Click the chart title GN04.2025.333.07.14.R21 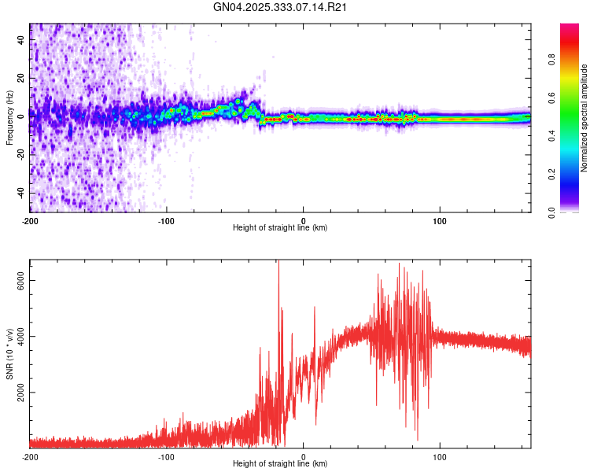point(281,7)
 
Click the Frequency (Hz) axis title point(9,118)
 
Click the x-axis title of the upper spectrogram point(280,228)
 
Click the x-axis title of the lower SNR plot point(280,464)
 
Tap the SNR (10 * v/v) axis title point(9,354)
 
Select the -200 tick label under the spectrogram point(30,219)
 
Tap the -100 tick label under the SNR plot point(167,456)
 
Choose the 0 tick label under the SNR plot point(304,456)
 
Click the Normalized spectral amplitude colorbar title point(584,118)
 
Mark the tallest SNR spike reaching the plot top point(278,263)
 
